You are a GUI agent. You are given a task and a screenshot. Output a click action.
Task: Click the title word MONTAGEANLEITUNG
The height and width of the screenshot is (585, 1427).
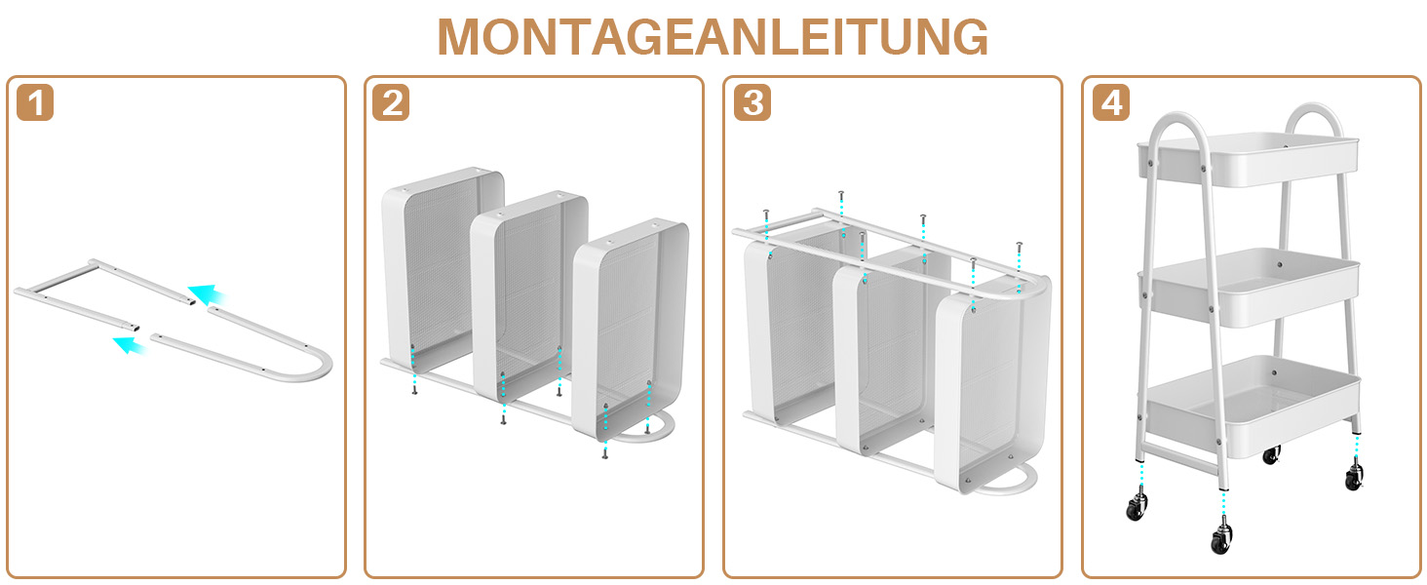[x=713, y=37]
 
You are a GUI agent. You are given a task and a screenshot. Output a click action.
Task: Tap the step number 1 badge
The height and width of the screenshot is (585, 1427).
[x=35, y=103]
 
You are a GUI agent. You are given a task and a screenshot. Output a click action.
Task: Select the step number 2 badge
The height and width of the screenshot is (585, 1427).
[x=392, y=103]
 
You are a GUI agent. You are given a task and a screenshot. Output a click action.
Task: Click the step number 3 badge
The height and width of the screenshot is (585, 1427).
[x=751, y=103]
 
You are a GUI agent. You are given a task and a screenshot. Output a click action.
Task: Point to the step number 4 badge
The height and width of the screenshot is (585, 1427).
[x=1110, y=103]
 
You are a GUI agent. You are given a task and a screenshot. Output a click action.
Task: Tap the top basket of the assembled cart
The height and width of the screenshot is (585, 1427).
[x=1248, y=162]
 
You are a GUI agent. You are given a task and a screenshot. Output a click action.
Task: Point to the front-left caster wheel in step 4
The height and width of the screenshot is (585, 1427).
[x=1137, y=508]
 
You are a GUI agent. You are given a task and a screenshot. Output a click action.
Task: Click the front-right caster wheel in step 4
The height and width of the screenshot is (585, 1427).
[x=1220, y=538]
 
